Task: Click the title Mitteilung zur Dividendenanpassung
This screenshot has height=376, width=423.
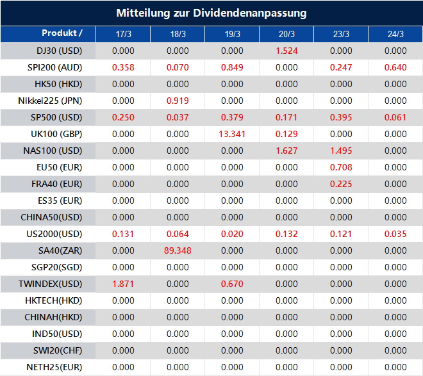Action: tap(211, 13)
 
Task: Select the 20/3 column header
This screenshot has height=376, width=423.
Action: tap(287, 34)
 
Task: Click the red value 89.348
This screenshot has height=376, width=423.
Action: tap(178, 250)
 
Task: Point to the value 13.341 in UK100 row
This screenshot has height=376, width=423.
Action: tap(232, 134)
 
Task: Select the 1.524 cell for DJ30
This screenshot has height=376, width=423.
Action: tap(286, 51)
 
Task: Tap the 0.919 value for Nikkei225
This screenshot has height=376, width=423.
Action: tap(178, 101)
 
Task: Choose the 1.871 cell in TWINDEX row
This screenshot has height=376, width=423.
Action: tap(123, 284)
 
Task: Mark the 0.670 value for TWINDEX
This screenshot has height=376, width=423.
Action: tap(232, 284)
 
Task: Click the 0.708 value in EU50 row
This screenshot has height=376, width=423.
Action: tap(341, 167)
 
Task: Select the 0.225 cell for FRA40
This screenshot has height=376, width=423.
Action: tap(341, 184)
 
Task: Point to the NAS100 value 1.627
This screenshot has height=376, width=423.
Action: tap(286, 151)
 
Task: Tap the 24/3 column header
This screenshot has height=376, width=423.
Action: tap(395, 34)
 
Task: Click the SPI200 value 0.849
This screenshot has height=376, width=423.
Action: tap(232, 67)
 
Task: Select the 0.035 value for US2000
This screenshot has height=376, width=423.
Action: tap(395, 234)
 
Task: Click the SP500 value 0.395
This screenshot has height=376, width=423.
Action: tap(341, 117)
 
